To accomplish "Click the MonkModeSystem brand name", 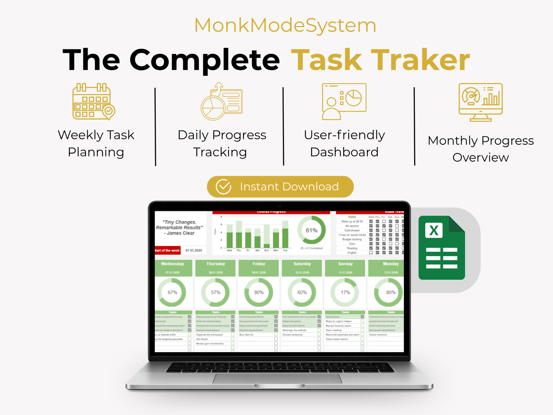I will pos(285,26).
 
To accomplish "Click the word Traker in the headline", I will pos(420,60).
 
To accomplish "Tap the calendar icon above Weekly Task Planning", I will pos(93,101).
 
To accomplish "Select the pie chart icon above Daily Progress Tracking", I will pos(222,101).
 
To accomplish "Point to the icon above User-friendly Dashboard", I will pos(344,101).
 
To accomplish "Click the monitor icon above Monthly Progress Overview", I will pos(481,102).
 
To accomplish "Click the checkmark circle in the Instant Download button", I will pos(223,187).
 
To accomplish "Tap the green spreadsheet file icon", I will pos(442,248).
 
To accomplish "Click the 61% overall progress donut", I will pos(312,230).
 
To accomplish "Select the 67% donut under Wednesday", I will pos(172,292).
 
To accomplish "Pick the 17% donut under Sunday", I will pos(345,292).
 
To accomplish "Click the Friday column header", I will pos(259,264).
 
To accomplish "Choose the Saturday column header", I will pos(302,264).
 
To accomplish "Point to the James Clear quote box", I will pos(179,227).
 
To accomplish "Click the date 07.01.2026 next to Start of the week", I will pos(194,250).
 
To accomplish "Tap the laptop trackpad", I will pos(277,378).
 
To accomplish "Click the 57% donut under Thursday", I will pos(215,292).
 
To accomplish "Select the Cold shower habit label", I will pos(352,230).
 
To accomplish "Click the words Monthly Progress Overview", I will pos(481,149).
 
